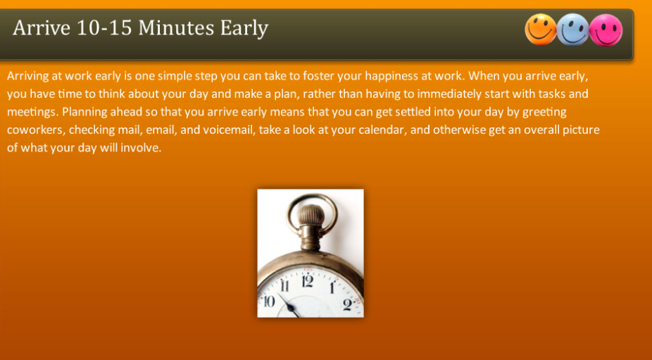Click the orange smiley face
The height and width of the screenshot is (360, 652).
[541, 30]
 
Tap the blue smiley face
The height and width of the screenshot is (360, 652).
[573, 30]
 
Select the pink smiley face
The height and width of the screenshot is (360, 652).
[606, 30]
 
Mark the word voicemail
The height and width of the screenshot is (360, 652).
[227, 130]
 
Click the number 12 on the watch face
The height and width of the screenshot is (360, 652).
[307, 282]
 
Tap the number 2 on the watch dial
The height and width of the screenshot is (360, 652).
[348, 304]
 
